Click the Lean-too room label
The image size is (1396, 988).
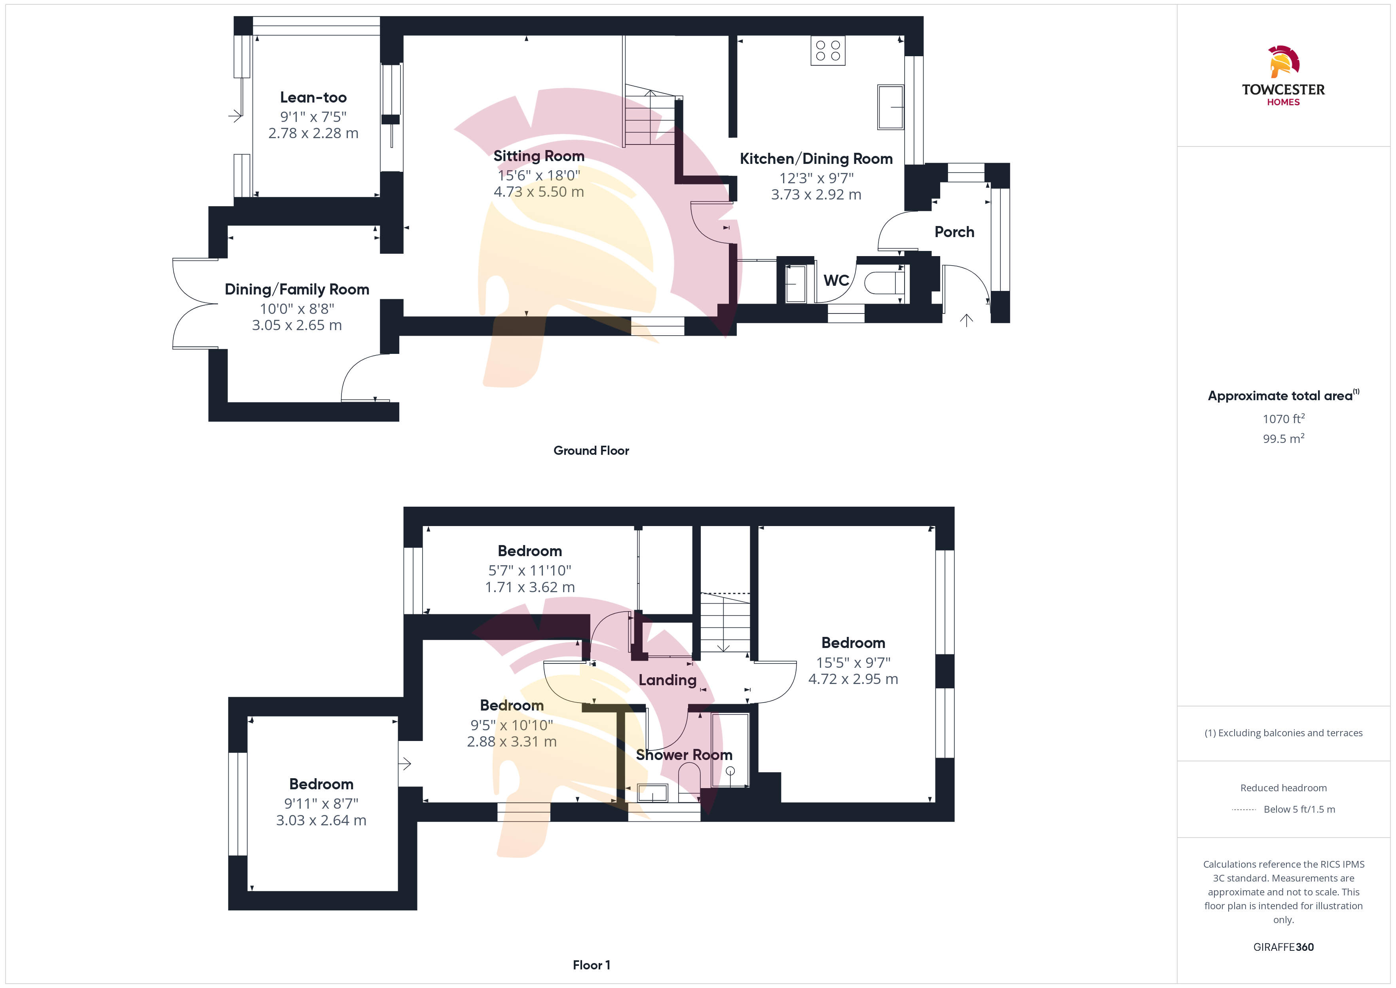[313, 97]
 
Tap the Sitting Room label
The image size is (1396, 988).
[539, 156]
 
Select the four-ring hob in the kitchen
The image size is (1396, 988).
[827, 51]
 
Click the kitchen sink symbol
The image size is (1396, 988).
[890, 107]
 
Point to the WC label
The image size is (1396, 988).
[836, 281]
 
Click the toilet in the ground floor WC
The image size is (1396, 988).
[884, 283]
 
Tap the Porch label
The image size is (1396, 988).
[954, 232]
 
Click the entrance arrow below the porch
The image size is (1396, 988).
[966, 320]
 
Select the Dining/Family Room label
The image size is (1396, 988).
[297, 290]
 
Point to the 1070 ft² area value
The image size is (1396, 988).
[1284, 418]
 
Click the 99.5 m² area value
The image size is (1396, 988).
[1284, 439]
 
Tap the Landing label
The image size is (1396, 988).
[667, 680]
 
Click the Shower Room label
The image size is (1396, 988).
[684, 755]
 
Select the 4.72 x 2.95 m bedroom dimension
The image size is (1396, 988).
[853, 679]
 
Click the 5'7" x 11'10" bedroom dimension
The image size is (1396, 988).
[529, 571]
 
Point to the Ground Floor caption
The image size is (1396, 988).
[591, 451]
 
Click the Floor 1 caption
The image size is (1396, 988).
[591, 965]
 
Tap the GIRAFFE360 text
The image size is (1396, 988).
[1284, 947]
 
